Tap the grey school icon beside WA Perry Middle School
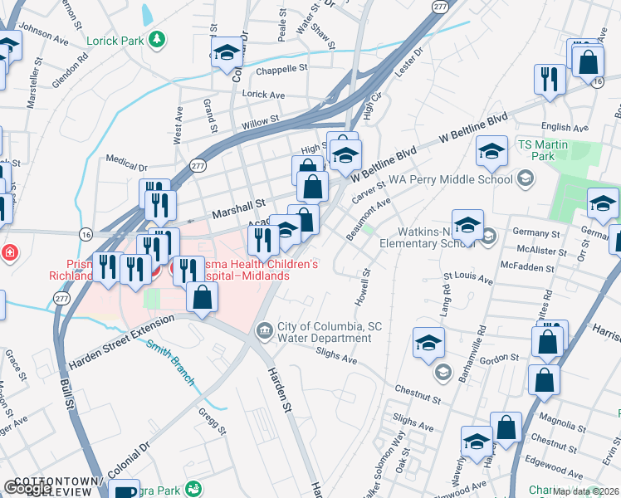coord(525,178)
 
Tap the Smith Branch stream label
coord(171,362)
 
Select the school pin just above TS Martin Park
coord(491,151)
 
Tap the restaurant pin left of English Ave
coord(550,79)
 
